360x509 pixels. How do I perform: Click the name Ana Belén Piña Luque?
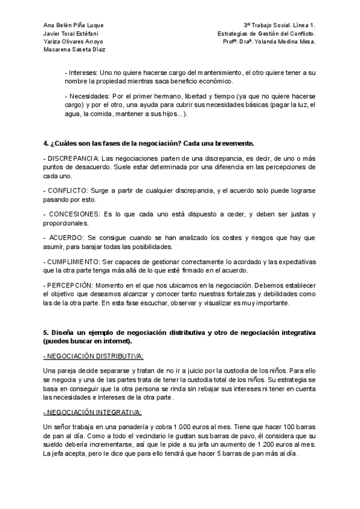(74, 25)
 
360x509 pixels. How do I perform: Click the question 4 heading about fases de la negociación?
(149, 143)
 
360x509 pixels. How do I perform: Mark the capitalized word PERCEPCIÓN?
(72, 285)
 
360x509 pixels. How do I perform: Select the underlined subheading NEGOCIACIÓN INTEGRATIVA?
(92, 412)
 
